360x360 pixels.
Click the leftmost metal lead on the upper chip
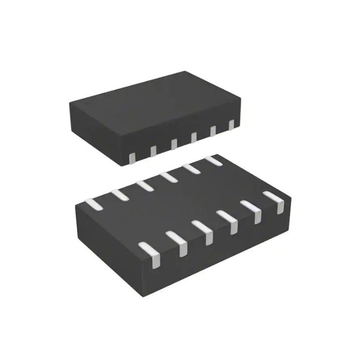[x=132, y=157]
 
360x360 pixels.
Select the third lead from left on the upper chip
[x=174, y=144]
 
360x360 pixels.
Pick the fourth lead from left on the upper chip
[x=194, y=137]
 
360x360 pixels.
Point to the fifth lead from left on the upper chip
[x=213, y=130]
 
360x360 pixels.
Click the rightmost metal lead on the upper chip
[x=232, y=125]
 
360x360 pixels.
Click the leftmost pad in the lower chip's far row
[x=94, y=204]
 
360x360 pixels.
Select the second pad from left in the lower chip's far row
[x=120, y=194]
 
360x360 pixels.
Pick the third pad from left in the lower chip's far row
[x=144, y=185]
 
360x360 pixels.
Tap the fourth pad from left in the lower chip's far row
[x=169, y=176]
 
